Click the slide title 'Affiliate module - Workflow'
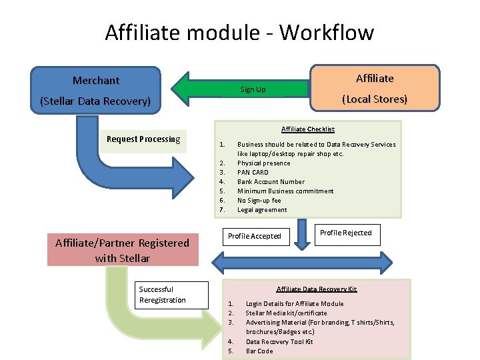pyautogui.click(x=239, y=32)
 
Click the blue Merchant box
pyautogui.click(x=96, y=90)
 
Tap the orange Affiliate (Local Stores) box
pyautogui.click(x=375, y=89)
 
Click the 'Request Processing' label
pyautogui.click(x=143, y=139)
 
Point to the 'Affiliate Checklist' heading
pyautogui.click(x=307, y=129)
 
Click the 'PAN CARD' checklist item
pyautogui.click(x=254, y=172)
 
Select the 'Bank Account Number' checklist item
pyautogui.click(x=271, y=181)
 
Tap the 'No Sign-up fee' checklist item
pyautogui.click(x=259, y=200)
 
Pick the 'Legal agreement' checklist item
pyautogui.click(x=262, y=209)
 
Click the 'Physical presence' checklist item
pyautogui.click(x=263, y=163)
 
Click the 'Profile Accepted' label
pyautogui.click(x=254, y=236)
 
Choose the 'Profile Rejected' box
pyautogui.click(x=345, y=233)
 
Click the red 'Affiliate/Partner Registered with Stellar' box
pyautogui.click(x=123, y=250)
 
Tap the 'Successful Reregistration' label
pyautogui.click(x=162, y=295)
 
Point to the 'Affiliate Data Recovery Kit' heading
pyautogui.click(x=317, y=289)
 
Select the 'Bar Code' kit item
pyautogui.click(x=259, y=351)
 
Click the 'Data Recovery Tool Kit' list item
pyautogui.click(x=279, y=341)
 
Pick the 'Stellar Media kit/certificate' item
pyautogui.click(x=286, y=313)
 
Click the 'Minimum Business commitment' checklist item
pyautogui.click(x=285, y=191)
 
